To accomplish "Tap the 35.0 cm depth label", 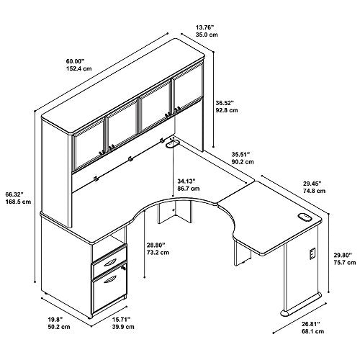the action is [207, 35].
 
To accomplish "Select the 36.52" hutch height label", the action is [225, 103].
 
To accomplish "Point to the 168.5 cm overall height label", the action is [18, 202].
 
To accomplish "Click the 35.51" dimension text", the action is [240, 154].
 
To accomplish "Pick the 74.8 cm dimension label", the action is [314, 191].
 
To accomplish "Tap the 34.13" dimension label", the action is [186, 181].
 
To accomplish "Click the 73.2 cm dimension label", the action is [158, 253].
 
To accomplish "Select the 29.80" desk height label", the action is [343, 255].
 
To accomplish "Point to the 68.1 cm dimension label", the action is [312, 331].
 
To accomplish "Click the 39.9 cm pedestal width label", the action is [123, 327].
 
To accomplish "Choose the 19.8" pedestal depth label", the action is [55, 319].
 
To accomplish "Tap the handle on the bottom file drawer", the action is [111, 279].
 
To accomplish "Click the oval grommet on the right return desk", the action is [305, 217].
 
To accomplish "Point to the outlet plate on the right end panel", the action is [312, 254].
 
